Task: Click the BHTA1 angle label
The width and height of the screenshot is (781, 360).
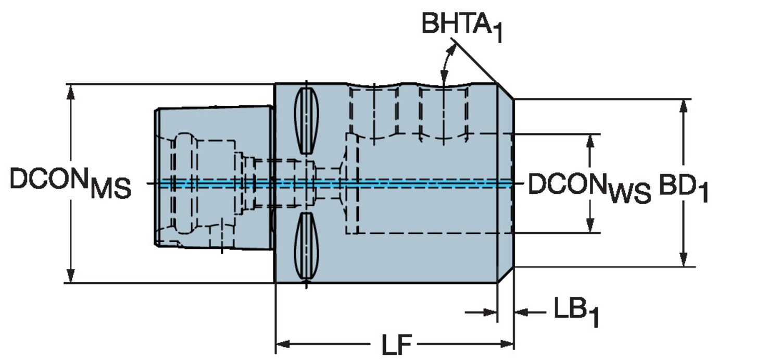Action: click(x=462, y=27)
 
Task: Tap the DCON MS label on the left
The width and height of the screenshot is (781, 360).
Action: click(x=70, y=183)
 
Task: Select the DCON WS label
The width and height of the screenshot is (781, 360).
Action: click(x=589, y=189)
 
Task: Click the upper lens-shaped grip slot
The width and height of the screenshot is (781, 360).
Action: click(x=306, y=121)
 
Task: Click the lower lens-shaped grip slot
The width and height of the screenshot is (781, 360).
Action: click(x=306, y=245)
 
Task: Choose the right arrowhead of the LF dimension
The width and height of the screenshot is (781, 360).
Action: click(x=506, y=344)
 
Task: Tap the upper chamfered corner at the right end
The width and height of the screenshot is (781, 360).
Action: click(x=505, y=91)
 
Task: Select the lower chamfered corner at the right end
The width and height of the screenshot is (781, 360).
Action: click(x=505, y=275)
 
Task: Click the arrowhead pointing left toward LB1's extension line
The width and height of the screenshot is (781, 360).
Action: click(x=523, y=312)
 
